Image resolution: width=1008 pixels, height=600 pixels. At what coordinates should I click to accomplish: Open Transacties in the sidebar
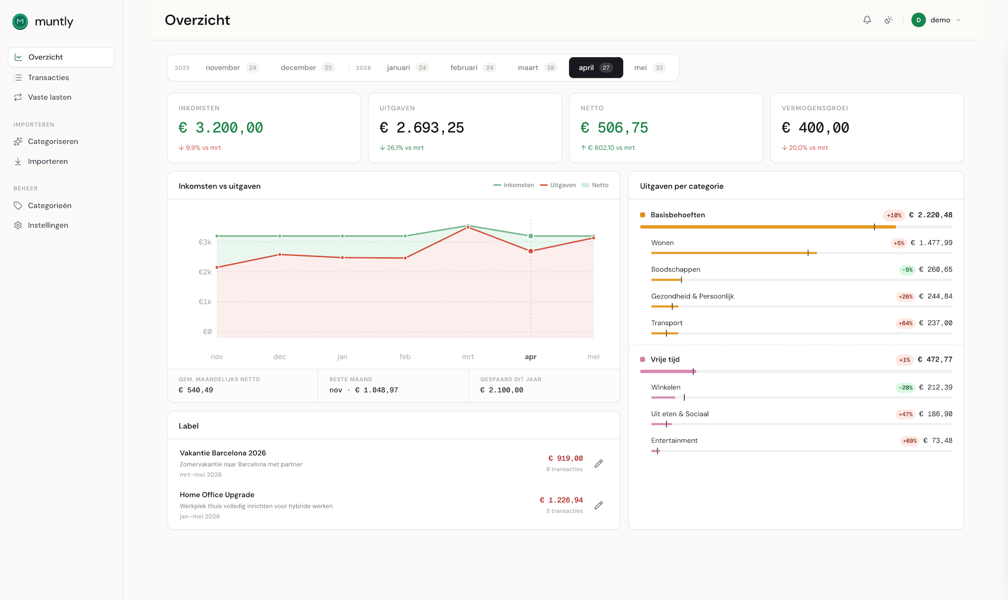pyautogui.click(x=48, y=78)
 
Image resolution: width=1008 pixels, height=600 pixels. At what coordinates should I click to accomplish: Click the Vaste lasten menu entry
pyautogui.click(x=49, y=97)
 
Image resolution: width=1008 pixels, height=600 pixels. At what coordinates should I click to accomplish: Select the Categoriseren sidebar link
pyautogui.click(x=52, y=141)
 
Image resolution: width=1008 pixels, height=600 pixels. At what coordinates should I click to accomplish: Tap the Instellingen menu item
pyautogui.click(x=48, y=225)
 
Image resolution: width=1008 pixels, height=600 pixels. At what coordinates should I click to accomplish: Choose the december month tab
pyautogui.click(x=307, y=68)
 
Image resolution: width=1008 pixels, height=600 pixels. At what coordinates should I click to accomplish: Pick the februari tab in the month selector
pyautogui.click(x=473, y=68)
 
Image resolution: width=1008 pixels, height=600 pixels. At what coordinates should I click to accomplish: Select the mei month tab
pyautogui.click(x=649, y=68)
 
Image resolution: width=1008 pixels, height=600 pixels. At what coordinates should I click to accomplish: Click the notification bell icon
pyautogui.click(x=867, y=20)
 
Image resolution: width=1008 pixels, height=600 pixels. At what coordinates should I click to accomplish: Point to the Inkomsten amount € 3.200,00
pyautogui.click(x=221, y=128)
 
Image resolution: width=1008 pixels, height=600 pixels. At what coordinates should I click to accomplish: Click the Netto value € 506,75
pyautogui.click(x=614, y=128)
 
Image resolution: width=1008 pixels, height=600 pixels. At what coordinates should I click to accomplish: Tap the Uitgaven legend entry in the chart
pyautogui.click(x=558, y=185)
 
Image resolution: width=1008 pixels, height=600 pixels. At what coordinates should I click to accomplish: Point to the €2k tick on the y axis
pyautogui.click(x=205, y=272)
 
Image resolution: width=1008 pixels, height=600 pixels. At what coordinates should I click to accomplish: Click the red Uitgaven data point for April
pyautogui.click(x=531, y=251)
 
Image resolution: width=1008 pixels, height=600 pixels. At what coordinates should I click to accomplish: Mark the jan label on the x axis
pyautogui.click(x=342, y=357)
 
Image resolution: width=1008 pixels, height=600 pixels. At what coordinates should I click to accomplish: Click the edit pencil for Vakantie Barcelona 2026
pyautogui.click(x=598, y=463)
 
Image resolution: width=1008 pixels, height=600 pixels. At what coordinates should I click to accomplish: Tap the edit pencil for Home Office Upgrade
pyautogui.click(x=598, y=505)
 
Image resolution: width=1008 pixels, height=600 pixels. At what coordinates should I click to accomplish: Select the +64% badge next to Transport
pyautogui.click(x=906, y=324)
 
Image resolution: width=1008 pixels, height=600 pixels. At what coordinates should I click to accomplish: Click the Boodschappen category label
pyautogui.click(x=676, y=270)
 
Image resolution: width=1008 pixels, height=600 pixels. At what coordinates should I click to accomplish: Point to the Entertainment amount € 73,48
pyautogui.click(x=938, y=441)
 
